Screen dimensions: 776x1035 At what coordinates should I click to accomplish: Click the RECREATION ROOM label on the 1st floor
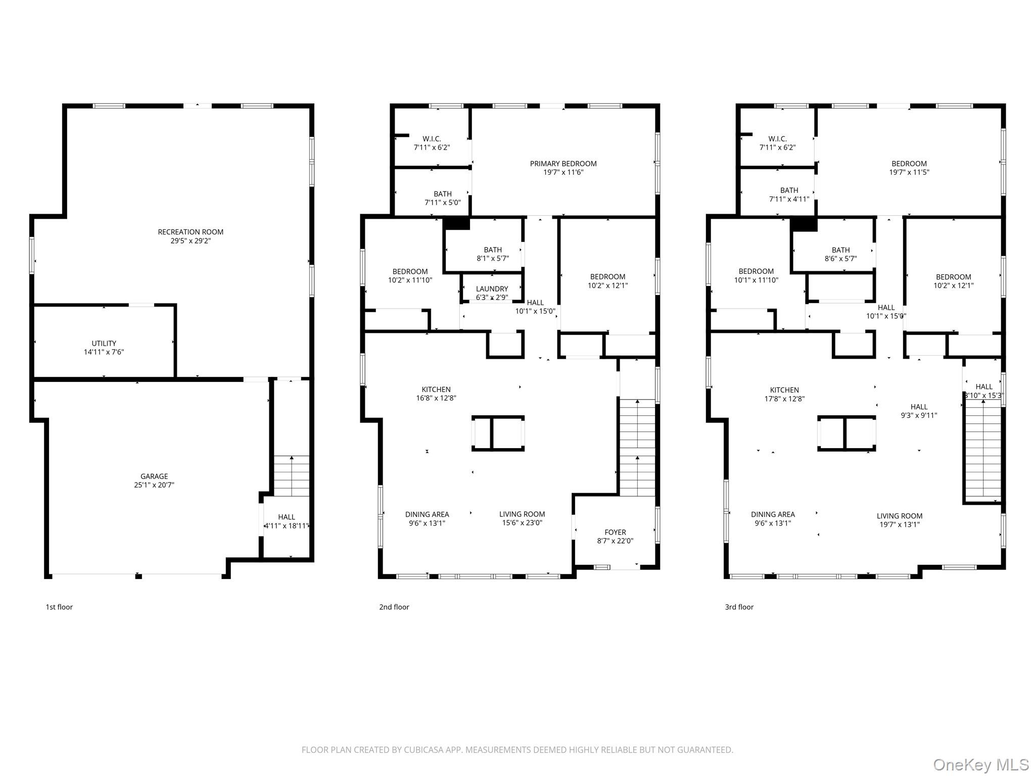pos(191,232)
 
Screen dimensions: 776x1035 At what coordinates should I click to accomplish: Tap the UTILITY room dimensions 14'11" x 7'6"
pos(104,352)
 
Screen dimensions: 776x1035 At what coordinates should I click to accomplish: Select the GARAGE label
pos(154,476)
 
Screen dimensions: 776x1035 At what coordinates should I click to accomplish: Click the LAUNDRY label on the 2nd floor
pos(492,289)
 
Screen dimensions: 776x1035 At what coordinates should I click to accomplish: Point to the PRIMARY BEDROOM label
pos(563,164)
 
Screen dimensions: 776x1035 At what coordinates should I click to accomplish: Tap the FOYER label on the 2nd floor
pos(615,532)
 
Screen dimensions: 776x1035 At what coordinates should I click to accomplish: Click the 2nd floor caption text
pos(394,607)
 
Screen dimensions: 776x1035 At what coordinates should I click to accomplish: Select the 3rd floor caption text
pos(739,607)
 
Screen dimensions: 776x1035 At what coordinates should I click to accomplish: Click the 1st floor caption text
pos(59,607)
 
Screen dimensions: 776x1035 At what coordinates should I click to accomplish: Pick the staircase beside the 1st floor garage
pos(291,475)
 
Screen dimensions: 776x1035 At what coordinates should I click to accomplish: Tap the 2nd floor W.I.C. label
pos(432,139)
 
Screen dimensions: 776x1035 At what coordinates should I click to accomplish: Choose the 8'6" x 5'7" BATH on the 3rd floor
pos(840,254)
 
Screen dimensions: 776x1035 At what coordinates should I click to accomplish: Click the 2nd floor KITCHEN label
pos(436,390)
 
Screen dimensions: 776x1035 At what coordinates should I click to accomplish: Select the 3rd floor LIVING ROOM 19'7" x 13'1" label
pos(899,520)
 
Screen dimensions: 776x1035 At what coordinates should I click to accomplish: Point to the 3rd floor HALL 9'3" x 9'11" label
pos(919,411)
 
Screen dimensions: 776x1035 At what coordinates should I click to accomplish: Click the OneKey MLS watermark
pos(980,764)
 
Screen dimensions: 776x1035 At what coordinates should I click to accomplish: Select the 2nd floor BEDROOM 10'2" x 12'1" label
pos(607,281)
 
